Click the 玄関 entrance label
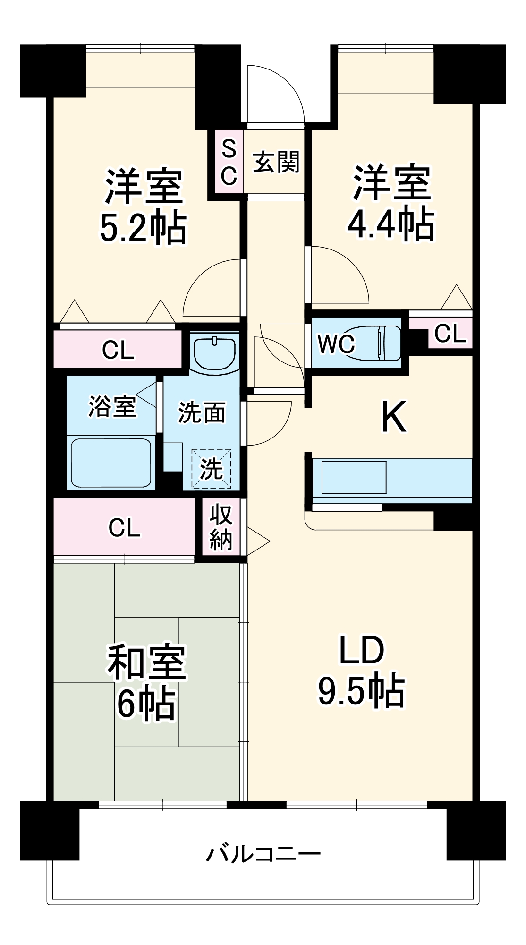pos(276,162)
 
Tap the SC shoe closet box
pos(229,162)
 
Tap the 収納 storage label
pos(221,527)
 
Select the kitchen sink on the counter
pos(354,477)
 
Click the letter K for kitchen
pos(393,417)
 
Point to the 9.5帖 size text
pos(361,691)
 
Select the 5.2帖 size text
pos(143,228)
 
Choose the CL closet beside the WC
pos(450,334)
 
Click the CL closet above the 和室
pos(124,528)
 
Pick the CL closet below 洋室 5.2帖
pos(118,350)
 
